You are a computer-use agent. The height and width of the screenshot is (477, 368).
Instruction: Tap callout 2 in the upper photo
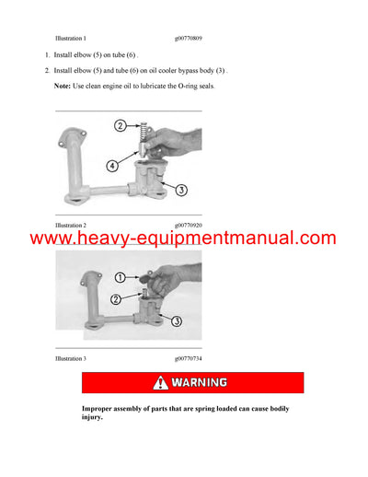coord(120,125)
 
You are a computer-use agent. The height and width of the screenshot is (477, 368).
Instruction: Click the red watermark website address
coord(183,239)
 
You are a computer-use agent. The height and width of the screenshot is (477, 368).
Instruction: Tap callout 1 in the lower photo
coord(120,275)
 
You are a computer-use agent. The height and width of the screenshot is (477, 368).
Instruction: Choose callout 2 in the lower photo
coord(117,297)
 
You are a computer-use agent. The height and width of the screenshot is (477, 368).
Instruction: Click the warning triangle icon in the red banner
coord(161,382)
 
